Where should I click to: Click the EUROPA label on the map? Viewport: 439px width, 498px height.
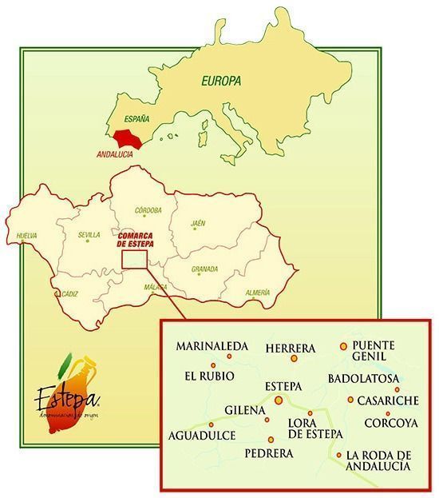(x=221, y=81)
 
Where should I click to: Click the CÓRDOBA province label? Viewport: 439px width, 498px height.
(x=148, y=210)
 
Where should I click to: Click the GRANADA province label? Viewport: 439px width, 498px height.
(x=204, y=269)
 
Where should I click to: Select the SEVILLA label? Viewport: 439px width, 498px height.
(x=89, y=235)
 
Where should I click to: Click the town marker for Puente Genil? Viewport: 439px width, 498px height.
(x=344, y=346)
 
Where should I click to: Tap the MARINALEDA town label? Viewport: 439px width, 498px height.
(x=213, y=346)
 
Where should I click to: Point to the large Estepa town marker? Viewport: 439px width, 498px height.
(x=279, y=400)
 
